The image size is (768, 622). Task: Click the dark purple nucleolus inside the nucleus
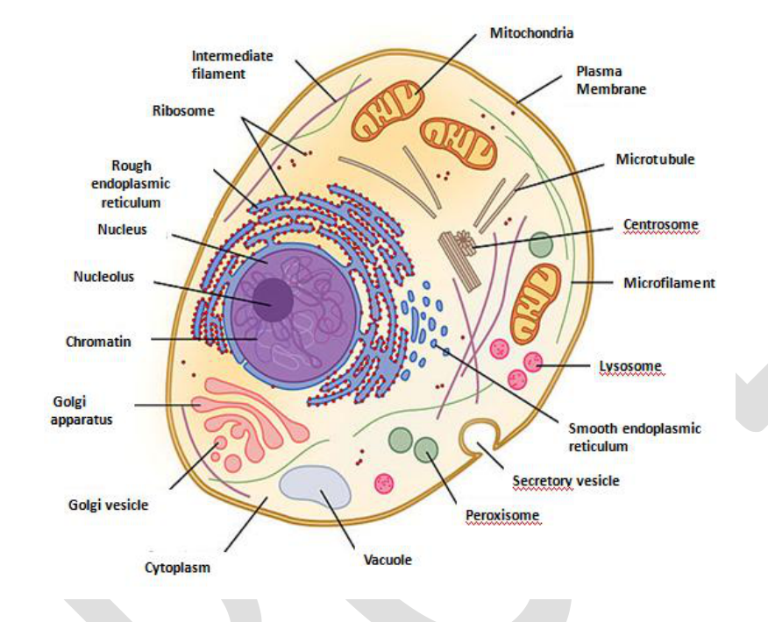[273, 300]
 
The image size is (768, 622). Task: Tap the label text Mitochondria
[531, 32]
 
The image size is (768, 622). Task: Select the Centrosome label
[661, 224]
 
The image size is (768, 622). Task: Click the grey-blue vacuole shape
[315, 486]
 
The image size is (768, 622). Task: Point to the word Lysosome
[630, 366]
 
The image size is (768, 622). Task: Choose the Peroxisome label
[502, 515]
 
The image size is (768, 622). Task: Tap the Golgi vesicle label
[108, 505]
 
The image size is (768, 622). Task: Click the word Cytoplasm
[177, 568]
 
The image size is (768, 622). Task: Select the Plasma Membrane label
[611, 81]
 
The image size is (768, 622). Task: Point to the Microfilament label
[669, 283]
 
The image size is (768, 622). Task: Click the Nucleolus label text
[103, 277]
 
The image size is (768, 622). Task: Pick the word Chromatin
[98, 342]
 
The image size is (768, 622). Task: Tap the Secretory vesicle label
[565, 481]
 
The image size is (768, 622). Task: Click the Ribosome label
[183, 110]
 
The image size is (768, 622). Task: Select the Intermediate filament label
[232, 65]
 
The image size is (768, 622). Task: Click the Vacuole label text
[388, 559]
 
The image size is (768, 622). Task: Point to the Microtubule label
[655, 159]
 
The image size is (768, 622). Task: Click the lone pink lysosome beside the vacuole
[384, 484]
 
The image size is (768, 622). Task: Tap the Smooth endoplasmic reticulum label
[635, 437]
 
